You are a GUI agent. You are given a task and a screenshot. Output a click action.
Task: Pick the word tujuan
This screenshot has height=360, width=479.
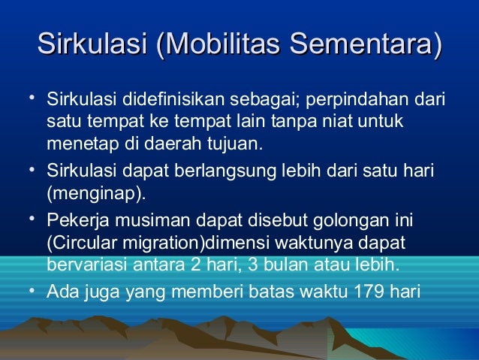tap(241, 143)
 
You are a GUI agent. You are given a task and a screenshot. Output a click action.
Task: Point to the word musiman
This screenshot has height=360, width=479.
tap(140, 222)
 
